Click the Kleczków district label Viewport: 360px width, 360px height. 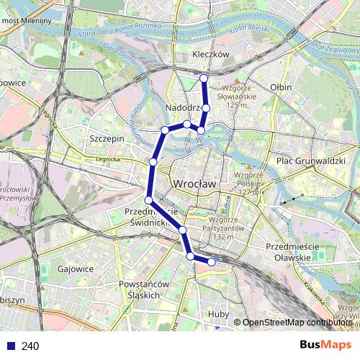coord(211,54)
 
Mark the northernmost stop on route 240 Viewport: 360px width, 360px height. coord(204,78)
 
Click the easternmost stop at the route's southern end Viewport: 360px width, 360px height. coord(212,262)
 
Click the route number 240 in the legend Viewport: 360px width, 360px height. coord(30,346)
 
